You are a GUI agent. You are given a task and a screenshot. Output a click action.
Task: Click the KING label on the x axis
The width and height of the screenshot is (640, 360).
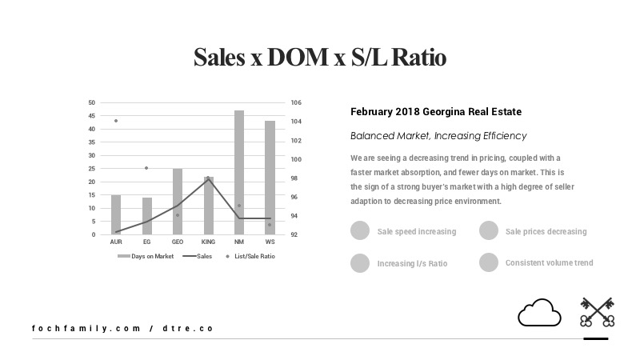click(208, 241)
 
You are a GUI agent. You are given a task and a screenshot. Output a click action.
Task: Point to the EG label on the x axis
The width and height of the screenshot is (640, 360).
click(146, 241)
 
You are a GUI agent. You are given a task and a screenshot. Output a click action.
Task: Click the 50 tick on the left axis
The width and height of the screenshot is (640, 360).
click(92, 102)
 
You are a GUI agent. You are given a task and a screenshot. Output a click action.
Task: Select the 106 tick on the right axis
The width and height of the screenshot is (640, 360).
click(295, 102)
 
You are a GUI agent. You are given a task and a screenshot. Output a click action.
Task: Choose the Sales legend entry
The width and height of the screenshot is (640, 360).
click(201, 256)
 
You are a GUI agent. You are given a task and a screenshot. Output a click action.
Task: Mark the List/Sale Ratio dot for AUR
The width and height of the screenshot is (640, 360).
click(116, 121)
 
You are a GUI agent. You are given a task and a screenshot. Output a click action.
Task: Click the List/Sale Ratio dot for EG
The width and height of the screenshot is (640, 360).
click(146, 168)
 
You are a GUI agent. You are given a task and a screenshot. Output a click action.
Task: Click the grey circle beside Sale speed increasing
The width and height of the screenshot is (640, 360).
click(360, 231)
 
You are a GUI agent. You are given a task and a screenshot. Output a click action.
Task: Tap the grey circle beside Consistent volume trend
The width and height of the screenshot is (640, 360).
click(489, 262)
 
